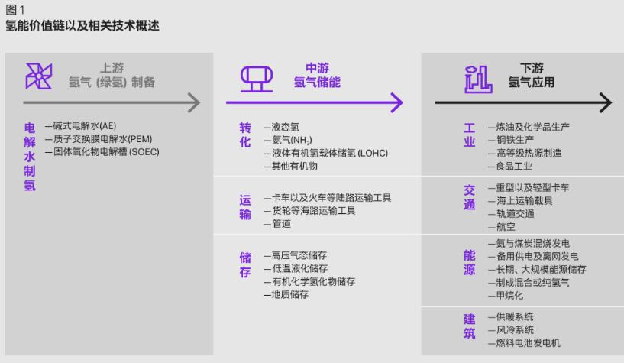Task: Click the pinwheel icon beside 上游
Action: tap(39, 76)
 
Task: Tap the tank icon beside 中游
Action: tap(257, 79)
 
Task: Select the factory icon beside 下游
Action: tap(478, 79)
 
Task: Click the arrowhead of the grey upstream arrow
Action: tap(194, 102)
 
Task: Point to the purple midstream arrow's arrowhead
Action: tap(397, 102)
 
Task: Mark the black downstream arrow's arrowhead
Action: tap(606, 102)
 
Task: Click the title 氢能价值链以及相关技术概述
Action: tap(82, 25)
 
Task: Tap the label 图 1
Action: tap(15, 9)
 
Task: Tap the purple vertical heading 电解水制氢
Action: tap(30, 157)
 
